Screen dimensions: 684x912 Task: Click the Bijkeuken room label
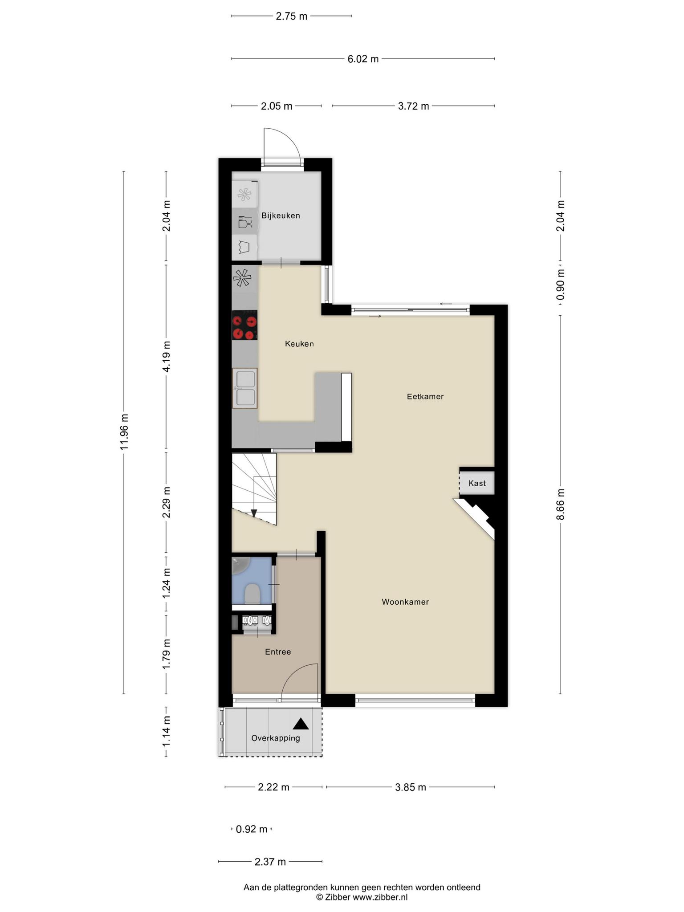pyautogui.click(x=281, y=216)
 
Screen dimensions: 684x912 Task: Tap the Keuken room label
pyautogui.click(x=299, y=344)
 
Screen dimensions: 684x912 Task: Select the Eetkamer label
pyautogui.click(x=425, y=396)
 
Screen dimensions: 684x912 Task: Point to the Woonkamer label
pyautogui.click(x=405, y=602)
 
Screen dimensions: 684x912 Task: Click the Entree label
pyautogui.click(x=278, y=652)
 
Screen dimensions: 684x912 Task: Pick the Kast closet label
pyautogui.click(x=477, y=483)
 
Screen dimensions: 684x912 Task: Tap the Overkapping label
pyautogui.click(x=276, y=738)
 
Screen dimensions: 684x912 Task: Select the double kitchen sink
pyautogui.click(x=244, y=388)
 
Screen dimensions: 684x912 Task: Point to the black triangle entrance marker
pyautogui.click(x=301, y=724)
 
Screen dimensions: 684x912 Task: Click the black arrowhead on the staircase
pyautogui.click(x=254, y=513)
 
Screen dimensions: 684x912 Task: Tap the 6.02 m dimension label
pyautogui.click(x=363, y=59)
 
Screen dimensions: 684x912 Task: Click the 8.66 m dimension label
pyautogui.click(x=560, y=504)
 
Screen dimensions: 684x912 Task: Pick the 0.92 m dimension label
pyautogui.click(x=252, y=829)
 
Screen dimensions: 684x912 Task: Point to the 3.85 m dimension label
pyautogui.click(x=411, y=787)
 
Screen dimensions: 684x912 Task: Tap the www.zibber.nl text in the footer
pyautogui.click(x=380, y=897)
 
